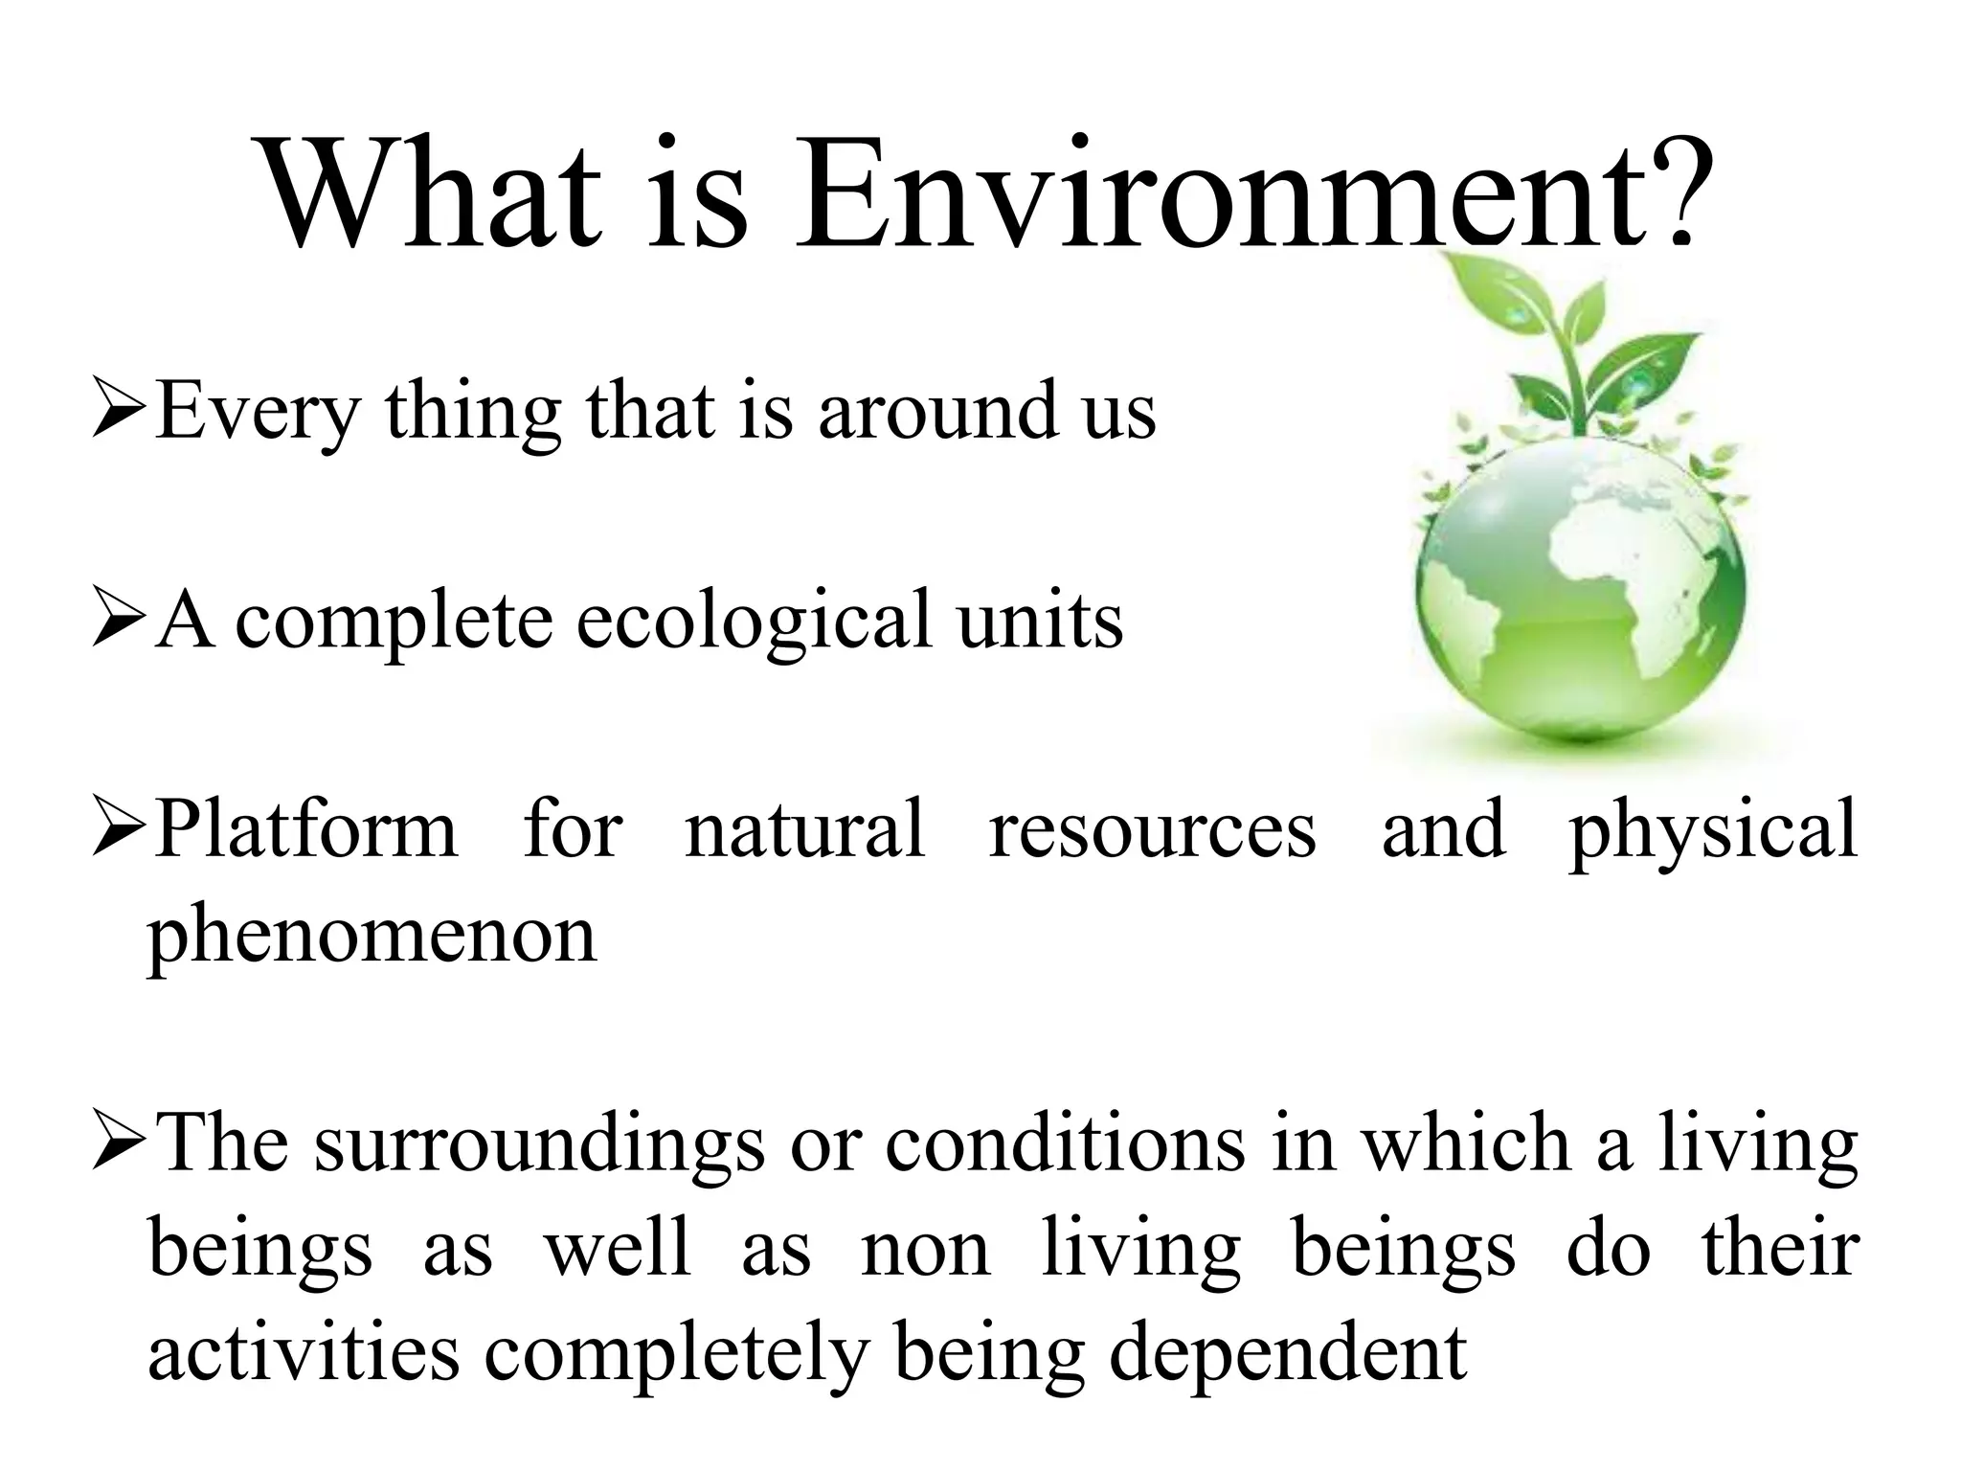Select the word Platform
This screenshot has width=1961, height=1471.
click(x=306, y=829)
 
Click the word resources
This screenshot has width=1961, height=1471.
click(x=1153, y=829)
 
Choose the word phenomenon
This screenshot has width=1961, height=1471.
click(x=372, y=937)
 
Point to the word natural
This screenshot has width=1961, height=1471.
click(x=805, y=829)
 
